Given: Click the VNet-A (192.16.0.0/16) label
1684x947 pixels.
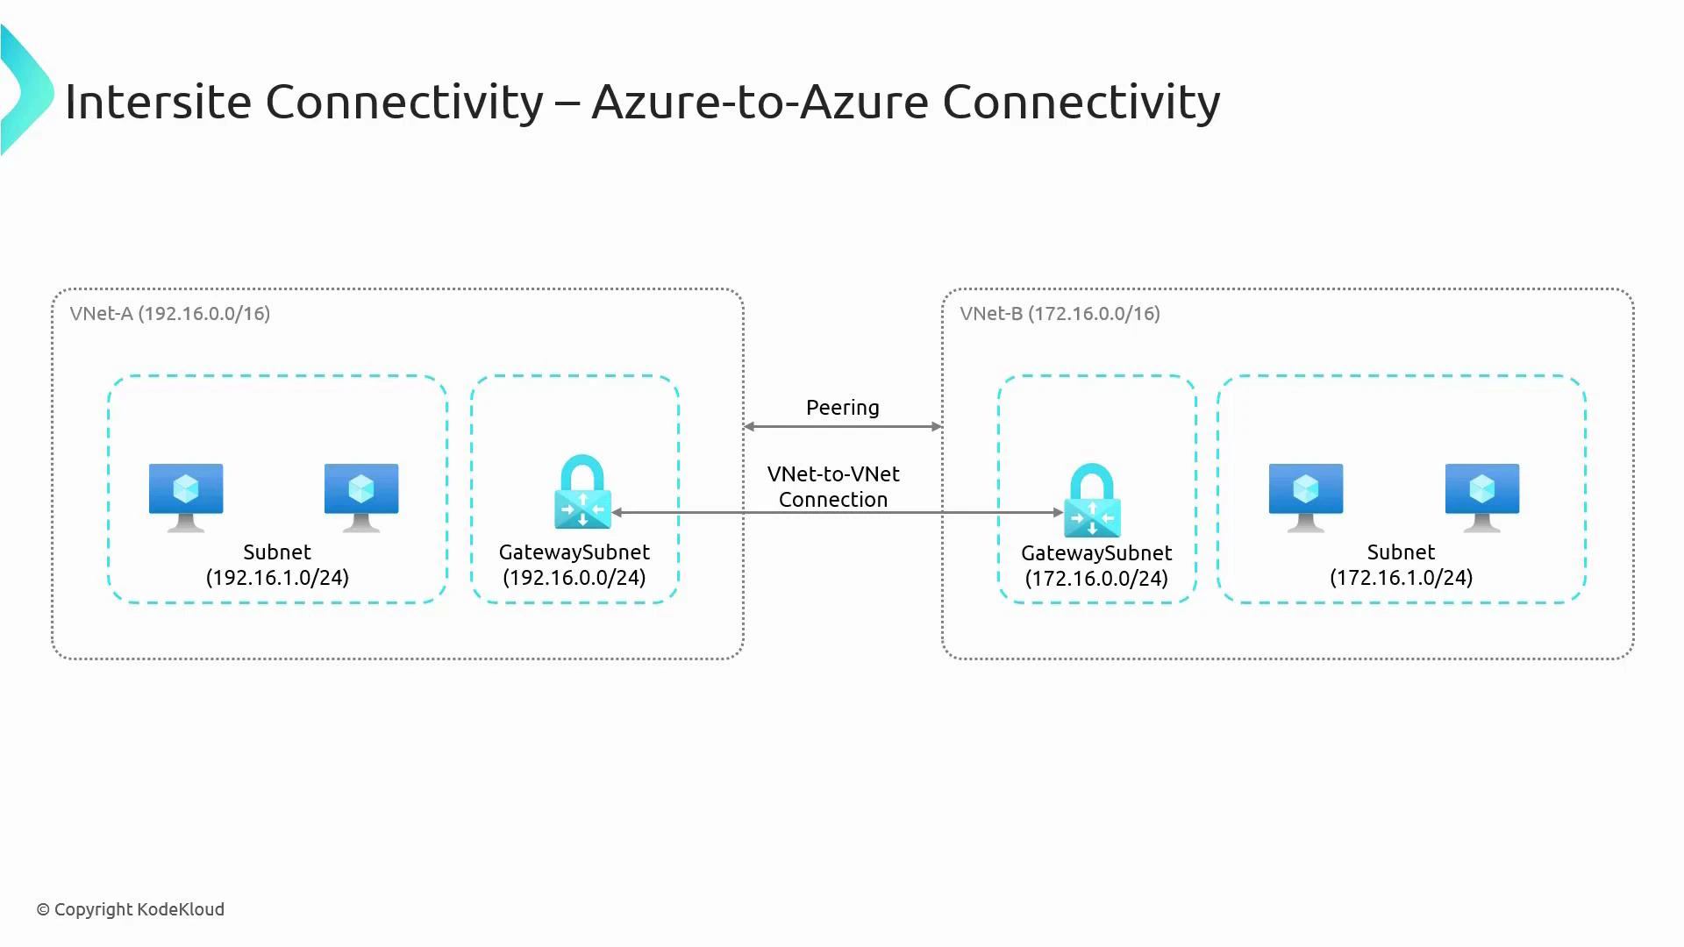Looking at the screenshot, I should pyautogui.click(x=170, y=314).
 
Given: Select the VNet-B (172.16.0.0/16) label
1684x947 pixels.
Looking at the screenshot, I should pyautogui.click(x=1060, y=314).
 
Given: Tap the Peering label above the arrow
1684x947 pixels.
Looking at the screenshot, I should pyautogui.click(x=842, y=408).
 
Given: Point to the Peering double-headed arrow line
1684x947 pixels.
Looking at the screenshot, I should pyautogui.click(x=842, y=427).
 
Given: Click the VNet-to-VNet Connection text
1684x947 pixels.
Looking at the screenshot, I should pyautogui.click(x=833, y=487).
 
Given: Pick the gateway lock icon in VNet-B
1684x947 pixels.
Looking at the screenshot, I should pyautogui.click(x=1092, y=501).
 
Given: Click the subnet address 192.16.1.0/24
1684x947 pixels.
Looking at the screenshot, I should pyautogui.click(x=277, y=578).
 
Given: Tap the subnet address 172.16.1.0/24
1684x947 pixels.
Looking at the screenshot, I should pyautogui.click(x=1401, y=578).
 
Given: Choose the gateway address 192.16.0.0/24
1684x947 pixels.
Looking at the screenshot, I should pyautogui.click(x=574, y=578).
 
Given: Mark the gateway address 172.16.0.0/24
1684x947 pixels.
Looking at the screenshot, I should pyautogui.click(x=1096, y=579).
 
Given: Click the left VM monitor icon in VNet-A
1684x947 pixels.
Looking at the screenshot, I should pyautogui.click(x=186, y=496).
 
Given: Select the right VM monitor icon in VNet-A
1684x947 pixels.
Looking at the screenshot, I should pyautogui.click(x=361, y=496).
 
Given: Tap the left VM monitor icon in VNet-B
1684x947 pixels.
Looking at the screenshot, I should pyautogui.click(x=1306, y=496).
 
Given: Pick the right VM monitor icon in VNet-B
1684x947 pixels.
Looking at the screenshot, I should pyautogui.click(x=1482, y=496).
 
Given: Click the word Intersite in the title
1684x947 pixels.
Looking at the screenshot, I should pyautogui.click(x=158, y=102).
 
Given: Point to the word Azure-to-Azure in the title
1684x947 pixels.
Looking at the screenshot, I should pyautogui.click(x=760, y=102).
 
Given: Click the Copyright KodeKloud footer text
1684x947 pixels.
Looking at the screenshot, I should pyautogui.click(x=131, y=909).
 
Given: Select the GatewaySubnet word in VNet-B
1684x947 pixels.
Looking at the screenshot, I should pyautogui.click(x=1096, y=553).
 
